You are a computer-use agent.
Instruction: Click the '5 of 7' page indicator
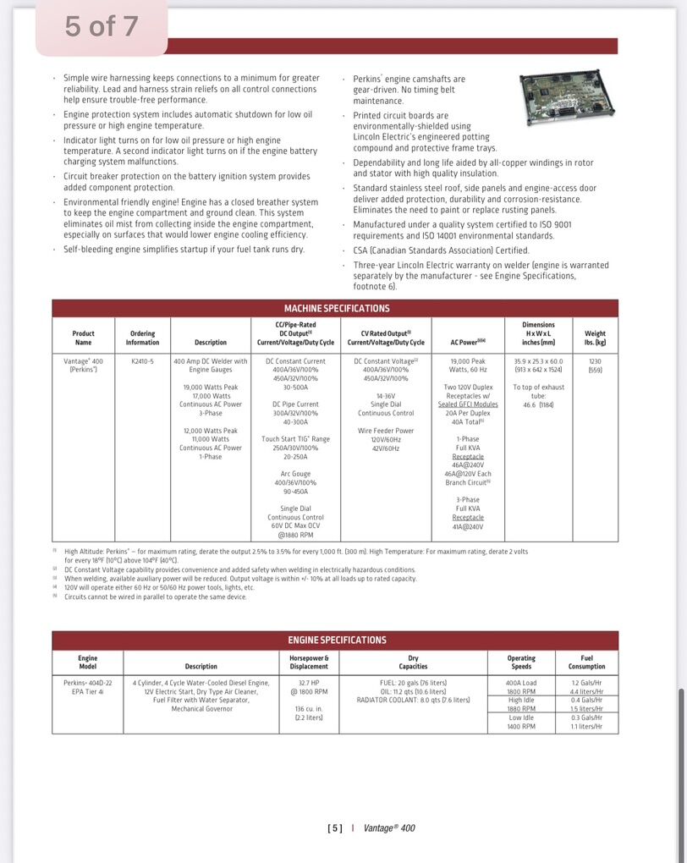coord(102,27)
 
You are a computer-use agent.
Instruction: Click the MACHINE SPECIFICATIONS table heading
coord(336,309)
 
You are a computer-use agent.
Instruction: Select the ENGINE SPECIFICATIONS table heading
coord(336,640)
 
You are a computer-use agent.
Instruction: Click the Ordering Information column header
coord(142,338)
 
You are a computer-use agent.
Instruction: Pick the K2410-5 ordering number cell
coord(142,361)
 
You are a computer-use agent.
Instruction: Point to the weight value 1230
coord(595,361)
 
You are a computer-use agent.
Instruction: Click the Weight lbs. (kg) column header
coord(595,338)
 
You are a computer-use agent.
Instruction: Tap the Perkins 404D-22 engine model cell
coord(87,687)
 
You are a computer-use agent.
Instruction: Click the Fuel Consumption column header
coord(586,662)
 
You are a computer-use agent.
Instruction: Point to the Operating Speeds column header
coord(521,662)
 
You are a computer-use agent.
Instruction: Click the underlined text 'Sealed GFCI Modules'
coord(468,404)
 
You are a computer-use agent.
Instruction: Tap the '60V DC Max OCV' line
coord(295,526)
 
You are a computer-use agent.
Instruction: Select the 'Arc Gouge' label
coord(295,474)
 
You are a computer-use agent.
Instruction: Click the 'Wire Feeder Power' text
coord(386,431)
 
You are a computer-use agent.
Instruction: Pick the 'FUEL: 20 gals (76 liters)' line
coord(413,683)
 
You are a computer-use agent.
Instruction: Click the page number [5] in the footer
coord(334,828)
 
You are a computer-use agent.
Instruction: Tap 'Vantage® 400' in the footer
coord(389,828)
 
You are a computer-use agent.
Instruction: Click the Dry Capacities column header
coord(413,662)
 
